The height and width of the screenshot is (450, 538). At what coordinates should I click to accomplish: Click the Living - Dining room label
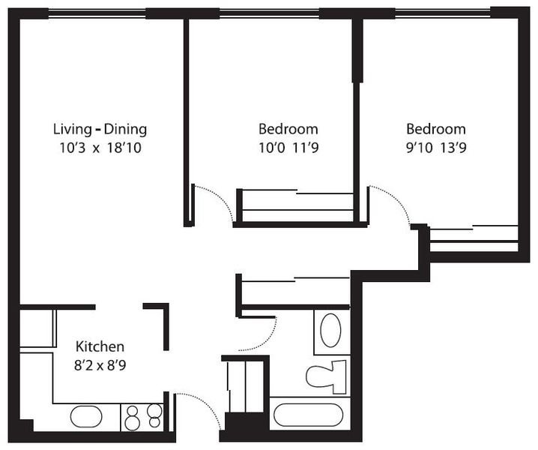point(100,129)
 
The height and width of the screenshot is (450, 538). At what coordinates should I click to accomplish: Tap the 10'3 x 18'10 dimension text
point(100,148)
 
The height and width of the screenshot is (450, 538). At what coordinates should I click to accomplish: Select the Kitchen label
point(100,346)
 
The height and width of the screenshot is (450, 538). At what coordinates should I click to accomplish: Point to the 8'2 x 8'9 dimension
point(100,365)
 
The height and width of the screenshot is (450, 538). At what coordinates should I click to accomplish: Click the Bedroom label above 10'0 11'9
point(288,129)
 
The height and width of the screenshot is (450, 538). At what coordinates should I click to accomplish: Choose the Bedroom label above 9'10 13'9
point(436,129)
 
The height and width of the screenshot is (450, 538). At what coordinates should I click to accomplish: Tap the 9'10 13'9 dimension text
point(436,148)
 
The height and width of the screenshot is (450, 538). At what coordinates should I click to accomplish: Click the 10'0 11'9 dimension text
point(288,148)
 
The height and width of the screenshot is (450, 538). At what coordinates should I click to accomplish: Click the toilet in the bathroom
point(326,376)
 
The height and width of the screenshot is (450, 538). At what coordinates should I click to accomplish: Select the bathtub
point(309,415)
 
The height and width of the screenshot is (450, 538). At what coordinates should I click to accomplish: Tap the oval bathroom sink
point(330,330)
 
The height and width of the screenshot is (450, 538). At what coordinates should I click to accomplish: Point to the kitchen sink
point(86,417)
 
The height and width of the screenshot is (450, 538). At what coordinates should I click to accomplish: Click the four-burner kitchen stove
point(142,417)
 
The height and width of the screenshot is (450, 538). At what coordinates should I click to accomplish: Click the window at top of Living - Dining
point(97,13)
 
